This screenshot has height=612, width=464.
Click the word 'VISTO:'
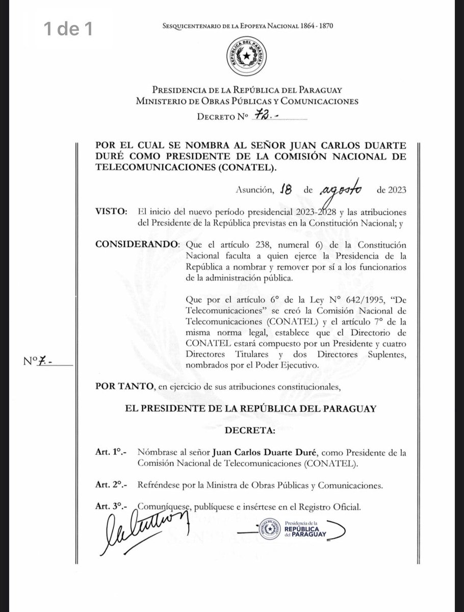112,212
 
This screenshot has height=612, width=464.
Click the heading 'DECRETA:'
250,430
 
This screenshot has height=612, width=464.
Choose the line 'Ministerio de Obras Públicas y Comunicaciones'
247,101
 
